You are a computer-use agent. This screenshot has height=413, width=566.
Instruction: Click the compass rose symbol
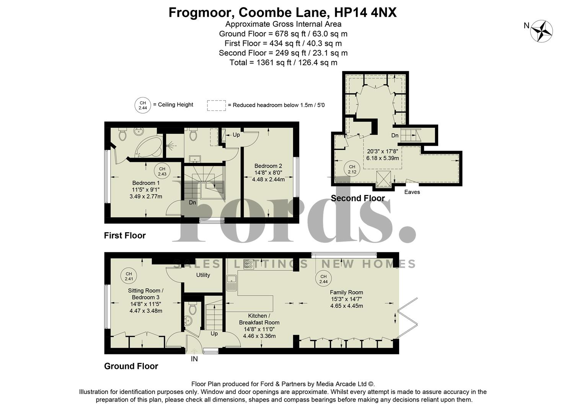[x=542, y=31]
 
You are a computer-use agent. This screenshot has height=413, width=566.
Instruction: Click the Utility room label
[x=203, y=275]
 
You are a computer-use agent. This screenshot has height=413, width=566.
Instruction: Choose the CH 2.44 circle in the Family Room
[x=323, y=279]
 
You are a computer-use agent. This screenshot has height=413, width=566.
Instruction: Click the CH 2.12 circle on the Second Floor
[x=352, y=169]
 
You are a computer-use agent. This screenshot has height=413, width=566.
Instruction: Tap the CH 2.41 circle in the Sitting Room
[x=129, y=276]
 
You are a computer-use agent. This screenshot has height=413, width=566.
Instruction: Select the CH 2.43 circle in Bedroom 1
[x=162, y=171]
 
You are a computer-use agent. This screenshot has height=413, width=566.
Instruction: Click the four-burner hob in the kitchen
[x=248, y=264]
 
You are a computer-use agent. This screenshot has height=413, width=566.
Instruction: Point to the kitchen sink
[x=232, y=283]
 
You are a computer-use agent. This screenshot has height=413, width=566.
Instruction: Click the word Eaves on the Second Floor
[x=412, y=192]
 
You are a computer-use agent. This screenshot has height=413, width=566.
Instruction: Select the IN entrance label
[x=194, y=359]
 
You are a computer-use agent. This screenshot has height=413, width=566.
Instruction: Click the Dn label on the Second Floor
[x=395, y=135]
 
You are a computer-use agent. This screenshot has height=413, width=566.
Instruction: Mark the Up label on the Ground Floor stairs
[x=214, y=333]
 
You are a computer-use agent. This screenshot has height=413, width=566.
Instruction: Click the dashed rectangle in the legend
[x=216, y=106]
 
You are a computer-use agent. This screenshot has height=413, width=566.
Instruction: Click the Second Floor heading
[x=357, y=198]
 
